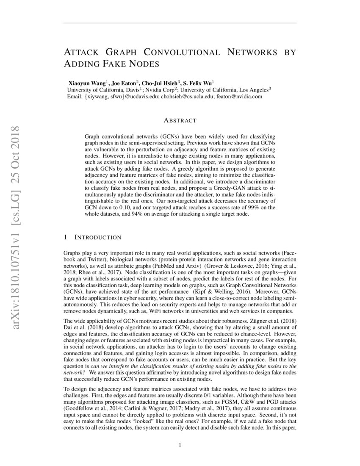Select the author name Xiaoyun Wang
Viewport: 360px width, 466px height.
[x=87, y=83]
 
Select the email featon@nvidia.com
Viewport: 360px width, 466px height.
[x=240, y=97]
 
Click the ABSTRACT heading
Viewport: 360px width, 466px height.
[x=180, y=121]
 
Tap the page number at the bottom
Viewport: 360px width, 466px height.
[x=180, y=445]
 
